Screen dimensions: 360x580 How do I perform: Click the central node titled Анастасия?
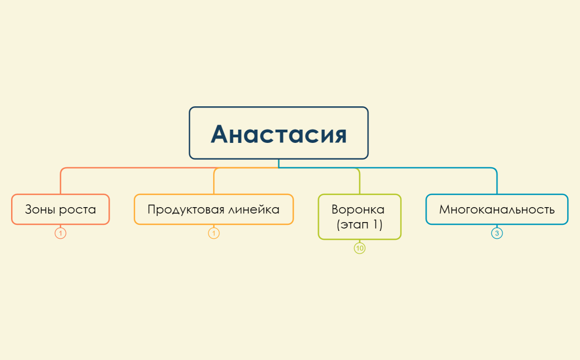(278, 133)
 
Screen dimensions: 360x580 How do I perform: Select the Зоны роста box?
(60, 209)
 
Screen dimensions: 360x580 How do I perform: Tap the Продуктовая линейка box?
(214, 209)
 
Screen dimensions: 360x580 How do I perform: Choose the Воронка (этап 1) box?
(359, 217)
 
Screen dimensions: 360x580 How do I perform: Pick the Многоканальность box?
(496, 209)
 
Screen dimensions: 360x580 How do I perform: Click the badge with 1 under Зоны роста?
(60, 233)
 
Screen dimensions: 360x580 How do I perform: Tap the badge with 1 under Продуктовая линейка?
(214, 233)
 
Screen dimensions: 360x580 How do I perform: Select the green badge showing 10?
(360, 248)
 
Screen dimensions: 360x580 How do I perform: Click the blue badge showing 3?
(497, 233)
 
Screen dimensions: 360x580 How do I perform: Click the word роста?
(78, 209)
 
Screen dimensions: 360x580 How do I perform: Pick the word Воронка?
(358, 209)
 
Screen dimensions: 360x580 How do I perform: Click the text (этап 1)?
(360, 225)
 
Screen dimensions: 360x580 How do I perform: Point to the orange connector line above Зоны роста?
(60, 182)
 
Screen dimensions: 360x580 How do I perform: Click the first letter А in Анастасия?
(220, 134)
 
